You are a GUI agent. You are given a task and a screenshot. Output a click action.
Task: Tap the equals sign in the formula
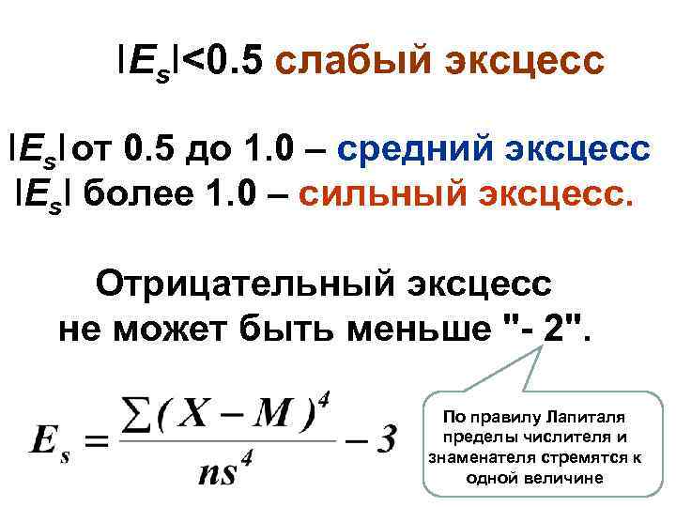(101, 440)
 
